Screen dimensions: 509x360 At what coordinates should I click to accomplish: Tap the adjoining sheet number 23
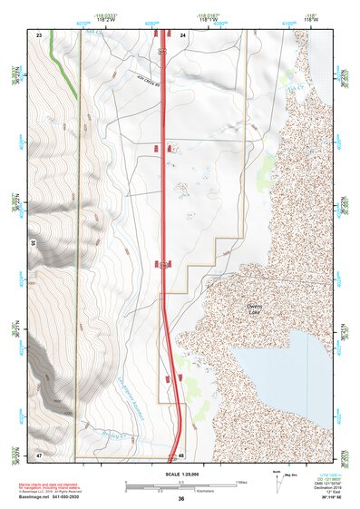click(39, 34)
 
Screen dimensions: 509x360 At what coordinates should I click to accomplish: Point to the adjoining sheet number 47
click(39, 454)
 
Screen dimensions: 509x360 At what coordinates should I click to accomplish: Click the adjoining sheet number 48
click(181, 455)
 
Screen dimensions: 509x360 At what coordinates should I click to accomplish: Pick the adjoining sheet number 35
click(33, 243)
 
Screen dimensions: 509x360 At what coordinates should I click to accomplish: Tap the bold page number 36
click(181, 499)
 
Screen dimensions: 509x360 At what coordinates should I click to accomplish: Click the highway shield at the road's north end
click(163, 52)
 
